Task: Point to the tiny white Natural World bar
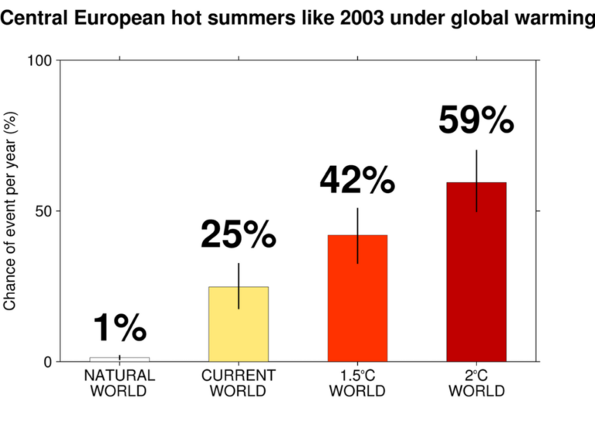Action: pyautogui.click(x=119, y=359)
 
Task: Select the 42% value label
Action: pyautogui.click(x=357, y=180)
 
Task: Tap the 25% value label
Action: pyautogui.click(x=239, y=234)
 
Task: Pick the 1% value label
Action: pyautogui.click(x=119, y=328)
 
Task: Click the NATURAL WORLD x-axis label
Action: pyautogui.click(x=119, y=382)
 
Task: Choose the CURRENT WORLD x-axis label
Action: pyautogui.click(x=239, y=382)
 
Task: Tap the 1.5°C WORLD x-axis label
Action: pyautogui.click(x=357, y=382)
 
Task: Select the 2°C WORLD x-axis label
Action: pyautogui.click(x=476, y=382)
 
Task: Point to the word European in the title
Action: pyautogui.click(x=122, y=17)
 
